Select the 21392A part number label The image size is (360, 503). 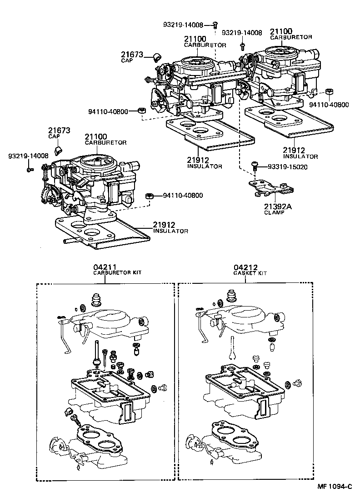click(278, 206)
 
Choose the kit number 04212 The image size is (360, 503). click(245, 267)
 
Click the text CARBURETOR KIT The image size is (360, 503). click(117, 273)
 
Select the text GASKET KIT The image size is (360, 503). click(250, 273)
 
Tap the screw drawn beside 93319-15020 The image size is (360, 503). click(255, 166)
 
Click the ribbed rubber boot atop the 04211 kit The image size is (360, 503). click(96, 301)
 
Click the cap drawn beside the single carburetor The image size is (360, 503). click(58, 151)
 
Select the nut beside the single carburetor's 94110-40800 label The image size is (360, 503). click(148, 196)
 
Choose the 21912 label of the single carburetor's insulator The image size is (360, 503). click(164, 225)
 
